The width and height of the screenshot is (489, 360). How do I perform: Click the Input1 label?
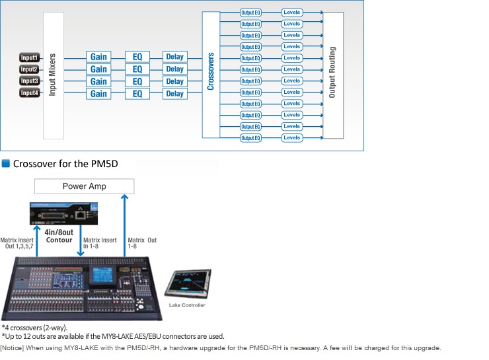click(x=29, y=57)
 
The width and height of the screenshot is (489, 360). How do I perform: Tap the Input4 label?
click(x=29, y=93)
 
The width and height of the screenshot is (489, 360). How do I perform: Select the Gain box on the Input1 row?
click(x=98, y=57)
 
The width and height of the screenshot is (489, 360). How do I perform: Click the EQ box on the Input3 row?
click(x=137, y=82)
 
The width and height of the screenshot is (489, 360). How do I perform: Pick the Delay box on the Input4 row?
click(x=175, y=94)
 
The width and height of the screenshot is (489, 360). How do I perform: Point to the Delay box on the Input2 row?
click(x=175, y=69)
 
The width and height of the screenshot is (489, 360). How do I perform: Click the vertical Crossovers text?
click(x=211, y=71)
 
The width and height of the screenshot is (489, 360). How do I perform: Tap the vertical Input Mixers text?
click(x=52, y=75)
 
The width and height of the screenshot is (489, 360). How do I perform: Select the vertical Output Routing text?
click(x=332, y=72)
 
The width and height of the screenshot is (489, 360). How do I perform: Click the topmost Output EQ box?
click(x=250, y=13)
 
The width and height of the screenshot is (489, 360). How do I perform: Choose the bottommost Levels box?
click(x=292, y=138)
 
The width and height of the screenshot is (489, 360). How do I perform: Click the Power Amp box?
click(x=84, y=186)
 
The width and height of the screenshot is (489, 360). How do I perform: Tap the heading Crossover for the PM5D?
click(x=65, y=164)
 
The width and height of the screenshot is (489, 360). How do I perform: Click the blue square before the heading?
click(x=6, y=163)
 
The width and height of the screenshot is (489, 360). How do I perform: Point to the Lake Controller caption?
click(x=187, y=305)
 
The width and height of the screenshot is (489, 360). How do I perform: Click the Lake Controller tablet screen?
click(x=188, y=281)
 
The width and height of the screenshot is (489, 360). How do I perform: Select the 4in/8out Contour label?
click(x=59, y=236)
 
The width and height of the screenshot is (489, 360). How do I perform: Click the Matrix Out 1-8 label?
click(x=142, y=243)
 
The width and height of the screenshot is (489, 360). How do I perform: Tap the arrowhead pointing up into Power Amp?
click(x=124, y=197)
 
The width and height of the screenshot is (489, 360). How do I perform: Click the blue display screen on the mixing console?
click(x=102, y=275)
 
